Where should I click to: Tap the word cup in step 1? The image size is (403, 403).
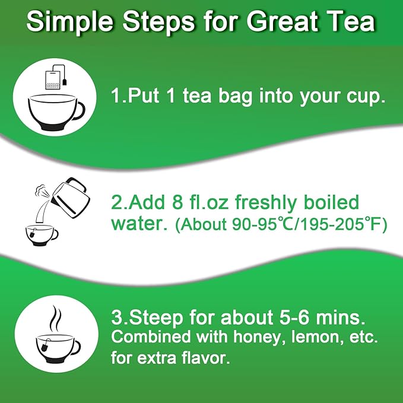tap(363, 97)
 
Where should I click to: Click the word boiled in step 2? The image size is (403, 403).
tap(331, 202)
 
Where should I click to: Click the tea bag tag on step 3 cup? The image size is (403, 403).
tap(46, 345)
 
